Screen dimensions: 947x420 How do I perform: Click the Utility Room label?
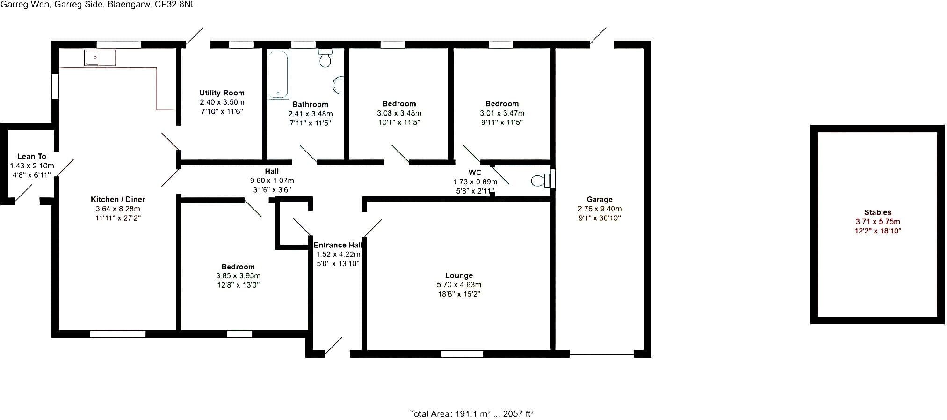click(x=222, y=93)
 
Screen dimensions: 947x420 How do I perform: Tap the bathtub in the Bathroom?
click(x=278, y=74)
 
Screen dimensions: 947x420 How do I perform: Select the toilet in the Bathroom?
click(x=325, y=58)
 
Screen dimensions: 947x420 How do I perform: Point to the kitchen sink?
click(x=100, y=58)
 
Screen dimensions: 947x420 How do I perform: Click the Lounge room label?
click(x=459, y=275)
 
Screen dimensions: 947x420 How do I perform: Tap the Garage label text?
click(x=600, y=199)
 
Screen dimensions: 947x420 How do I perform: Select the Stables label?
click(x=878, y=212)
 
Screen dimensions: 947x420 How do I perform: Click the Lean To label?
click(x=32, y=157)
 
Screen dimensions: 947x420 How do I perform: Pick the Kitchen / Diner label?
click(x=118, y=199)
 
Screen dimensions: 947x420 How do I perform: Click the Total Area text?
click(x=471, y=414)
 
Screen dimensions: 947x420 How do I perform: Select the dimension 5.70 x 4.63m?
click(x=459, y=285)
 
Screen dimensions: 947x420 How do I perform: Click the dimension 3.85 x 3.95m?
click(x=238, y=276)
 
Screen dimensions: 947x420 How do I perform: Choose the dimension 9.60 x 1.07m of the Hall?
click(x=272, y=181)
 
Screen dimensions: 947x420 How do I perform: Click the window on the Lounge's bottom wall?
click(x=462, y=354)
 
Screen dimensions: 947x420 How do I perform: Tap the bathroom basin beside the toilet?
click(x=338, y=85)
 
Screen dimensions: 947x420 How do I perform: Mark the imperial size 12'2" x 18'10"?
click(x=878, y=231)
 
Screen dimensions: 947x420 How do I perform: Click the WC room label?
click(x=475, y=173)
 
